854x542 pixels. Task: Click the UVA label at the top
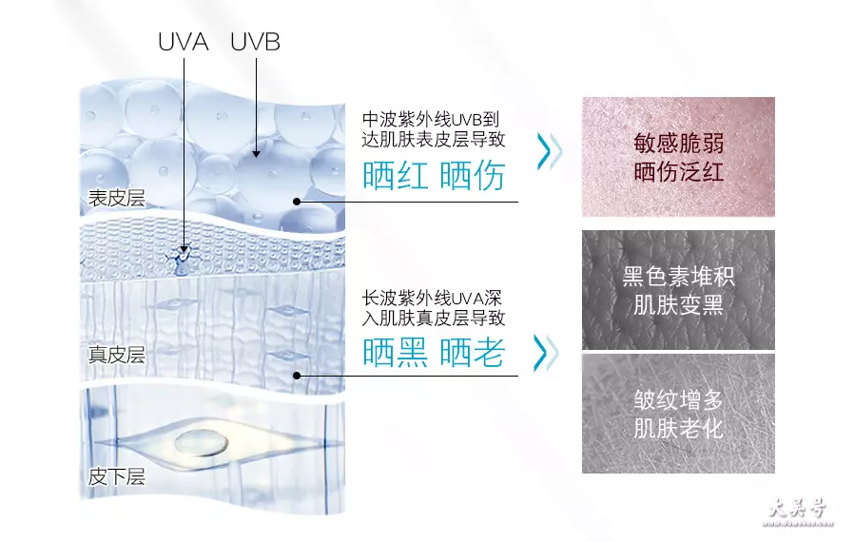183,42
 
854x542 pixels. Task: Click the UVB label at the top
255,42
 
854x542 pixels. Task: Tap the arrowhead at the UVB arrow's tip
256,154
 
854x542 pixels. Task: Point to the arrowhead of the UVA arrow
184,249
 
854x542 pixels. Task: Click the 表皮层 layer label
117,198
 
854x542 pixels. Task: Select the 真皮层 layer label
117,355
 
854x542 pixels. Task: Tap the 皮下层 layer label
117,476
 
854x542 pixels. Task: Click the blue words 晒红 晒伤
434,175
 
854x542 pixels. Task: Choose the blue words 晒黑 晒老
434,353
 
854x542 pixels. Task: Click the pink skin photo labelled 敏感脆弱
678,157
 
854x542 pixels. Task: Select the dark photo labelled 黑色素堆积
678,290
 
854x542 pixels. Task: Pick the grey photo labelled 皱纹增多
678,414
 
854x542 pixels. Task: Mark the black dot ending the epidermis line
297,202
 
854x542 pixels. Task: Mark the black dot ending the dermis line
297,376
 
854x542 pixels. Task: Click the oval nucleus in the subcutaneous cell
202,443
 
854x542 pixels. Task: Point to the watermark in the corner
798,513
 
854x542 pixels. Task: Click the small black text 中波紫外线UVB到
430,119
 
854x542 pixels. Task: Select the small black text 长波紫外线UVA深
432,298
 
